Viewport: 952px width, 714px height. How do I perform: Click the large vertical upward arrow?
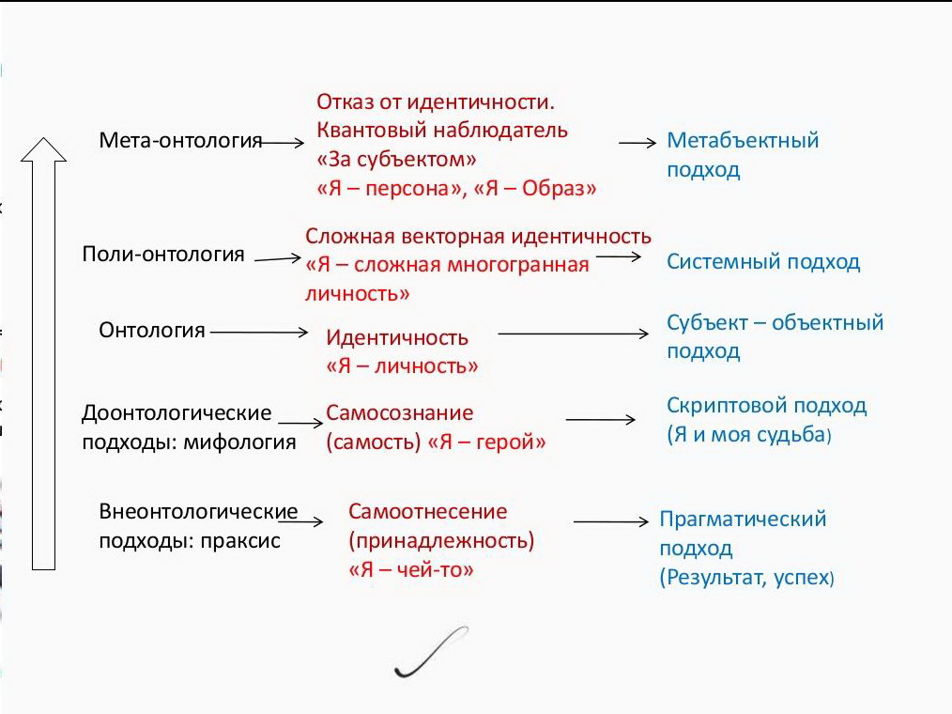click(44, 353)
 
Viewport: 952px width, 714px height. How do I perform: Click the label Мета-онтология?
click(180, 140)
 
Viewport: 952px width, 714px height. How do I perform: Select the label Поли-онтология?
click(163, 254)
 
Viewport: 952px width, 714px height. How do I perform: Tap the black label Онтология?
click(152, 331)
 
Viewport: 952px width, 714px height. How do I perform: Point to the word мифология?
click(239, 442)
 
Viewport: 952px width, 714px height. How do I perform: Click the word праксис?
click(240, 541)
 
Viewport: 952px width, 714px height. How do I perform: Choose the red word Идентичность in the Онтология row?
click(397, 337)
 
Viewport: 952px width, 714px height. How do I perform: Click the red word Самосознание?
click(400, 412)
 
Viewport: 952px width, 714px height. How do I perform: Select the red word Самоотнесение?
click(427, 511)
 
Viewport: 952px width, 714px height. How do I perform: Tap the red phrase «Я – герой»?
click(487, 442)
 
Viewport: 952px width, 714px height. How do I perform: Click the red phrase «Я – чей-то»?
click(411, 569)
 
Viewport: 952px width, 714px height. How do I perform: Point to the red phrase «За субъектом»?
click(396, 159)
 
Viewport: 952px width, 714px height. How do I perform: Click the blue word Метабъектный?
click(743, 140)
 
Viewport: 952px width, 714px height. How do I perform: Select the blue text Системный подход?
click(763, 262)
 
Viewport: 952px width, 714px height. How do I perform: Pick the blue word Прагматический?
click(743, 519)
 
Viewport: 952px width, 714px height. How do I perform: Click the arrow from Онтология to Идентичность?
click(259, 332)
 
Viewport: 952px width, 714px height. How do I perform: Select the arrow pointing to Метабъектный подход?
click(637, 143)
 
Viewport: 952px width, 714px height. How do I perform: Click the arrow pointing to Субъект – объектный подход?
click(573, 334)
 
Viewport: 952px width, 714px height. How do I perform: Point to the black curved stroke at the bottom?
click(431, 652)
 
